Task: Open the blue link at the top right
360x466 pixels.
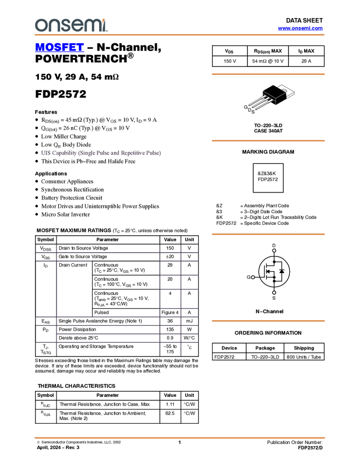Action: (300, 29)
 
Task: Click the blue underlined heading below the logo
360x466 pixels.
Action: (59, 48)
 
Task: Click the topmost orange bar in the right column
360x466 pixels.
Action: (268, 74)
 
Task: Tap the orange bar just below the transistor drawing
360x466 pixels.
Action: (268, 141)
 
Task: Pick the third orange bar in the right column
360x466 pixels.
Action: (268, 234)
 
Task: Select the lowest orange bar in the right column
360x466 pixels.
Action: (268, 321)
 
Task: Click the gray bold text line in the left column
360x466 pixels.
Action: (101, 154)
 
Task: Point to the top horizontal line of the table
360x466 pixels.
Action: (117, 253)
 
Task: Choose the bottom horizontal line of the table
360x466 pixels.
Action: (117, 343)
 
